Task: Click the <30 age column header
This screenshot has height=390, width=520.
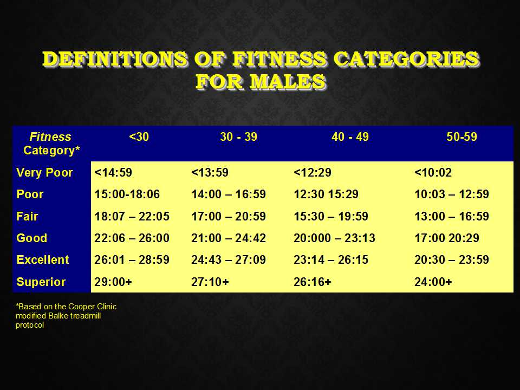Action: pyautogui.click(x=139, y=136)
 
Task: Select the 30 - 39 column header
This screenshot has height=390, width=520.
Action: pyautogui.click(x=238, y=136)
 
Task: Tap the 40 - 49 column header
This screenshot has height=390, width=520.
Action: pyautogui.click(x=350, y=136)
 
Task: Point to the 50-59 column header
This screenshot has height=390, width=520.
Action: pyautogui.click(x=461, y=136)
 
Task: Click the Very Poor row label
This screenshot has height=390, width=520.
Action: pyautogui.click(x=44, y=172)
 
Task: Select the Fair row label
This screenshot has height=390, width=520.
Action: pyautogui.click(x=27, y=216)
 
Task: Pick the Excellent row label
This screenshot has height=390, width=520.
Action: pyautogui.click(x=43, y=259)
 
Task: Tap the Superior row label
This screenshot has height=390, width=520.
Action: pyautogui.click(x=41, y=282)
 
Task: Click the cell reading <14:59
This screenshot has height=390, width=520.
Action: pyautogui.click(x=113, y=172)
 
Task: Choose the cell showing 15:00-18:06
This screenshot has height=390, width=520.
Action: pyautogui.click(x=127, y=194)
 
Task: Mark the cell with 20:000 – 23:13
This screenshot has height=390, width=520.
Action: pyautogui.click(x=334, y=238)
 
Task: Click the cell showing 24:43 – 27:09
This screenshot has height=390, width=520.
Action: pyautogui.click(x=229, y=259)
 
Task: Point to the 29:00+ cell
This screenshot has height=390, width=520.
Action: pyautogui.click(x=113, y=282)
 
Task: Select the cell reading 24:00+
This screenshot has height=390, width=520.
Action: pyautogui.click(x=433, y=282)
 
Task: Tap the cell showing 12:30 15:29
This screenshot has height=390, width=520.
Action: pyautogui.click(x=326, y=194)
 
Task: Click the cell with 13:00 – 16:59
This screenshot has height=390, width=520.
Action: pyautogui.click(x=452, y=216)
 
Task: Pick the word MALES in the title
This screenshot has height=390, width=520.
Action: pyautogui.click(x=288, y=82)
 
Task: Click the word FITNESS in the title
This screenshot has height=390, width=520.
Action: pyautogui.click(x=279, y=59)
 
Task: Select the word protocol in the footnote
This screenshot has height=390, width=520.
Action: pyautogui.click(x=30, y=326)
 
